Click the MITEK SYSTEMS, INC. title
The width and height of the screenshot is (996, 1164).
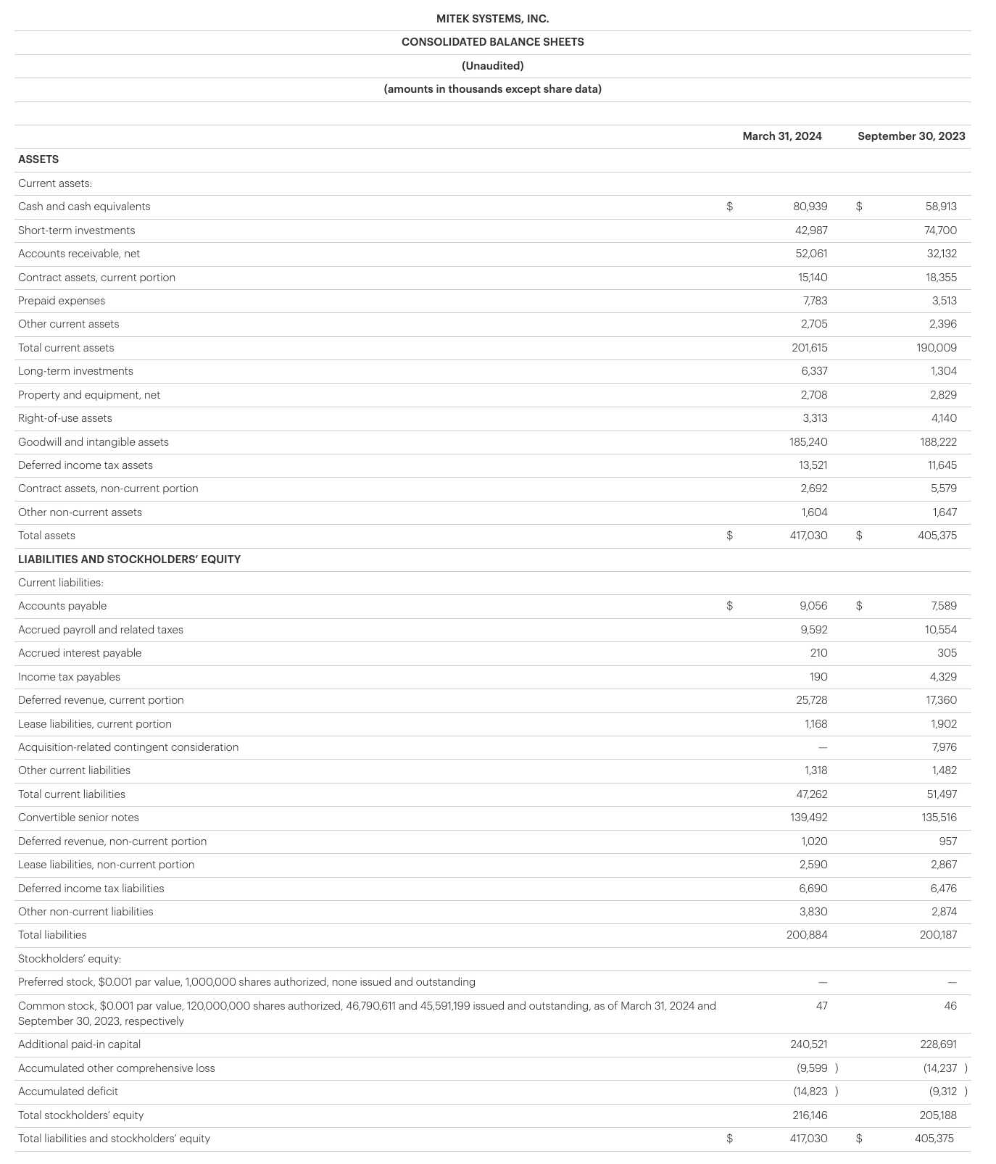coord(492,19)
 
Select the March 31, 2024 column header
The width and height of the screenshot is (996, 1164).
coord(782,136)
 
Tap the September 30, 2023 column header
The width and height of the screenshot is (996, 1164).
coord(911,136)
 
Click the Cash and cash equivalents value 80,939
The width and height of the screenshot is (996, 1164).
coord(810,207)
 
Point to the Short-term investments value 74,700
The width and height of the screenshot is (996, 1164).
coord(941,230)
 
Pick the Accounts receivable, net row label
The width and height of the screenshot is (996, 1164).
coord(79,254)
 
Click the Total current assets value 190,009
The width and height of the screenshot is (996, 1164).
coord(937,348)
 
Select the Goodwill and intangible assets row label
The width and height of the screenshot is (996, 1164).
coord(94,442)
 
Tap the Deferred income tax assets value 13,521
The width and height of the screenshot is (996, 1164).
coord(813,465)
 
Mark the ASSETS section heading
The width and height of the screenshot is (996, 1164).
coord(38,159)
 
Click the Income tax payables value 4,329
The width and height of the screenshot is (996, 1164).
coord(942,677)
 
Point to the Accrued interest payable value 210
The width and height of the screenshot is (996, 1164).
coord(818,653)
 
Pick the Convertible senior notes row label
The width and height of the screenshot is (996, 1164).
coord(78,818)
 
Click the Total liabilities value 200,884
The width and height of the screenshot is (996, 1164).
coord(807,935)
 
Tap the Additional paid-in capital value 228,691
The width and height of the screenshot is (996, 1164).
coord(938,1044)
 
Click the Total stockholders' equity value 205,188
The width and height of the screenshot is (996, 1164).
coord(937,1115)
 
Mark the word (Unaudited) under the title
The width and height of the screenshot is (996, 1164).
coord(492,66)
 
